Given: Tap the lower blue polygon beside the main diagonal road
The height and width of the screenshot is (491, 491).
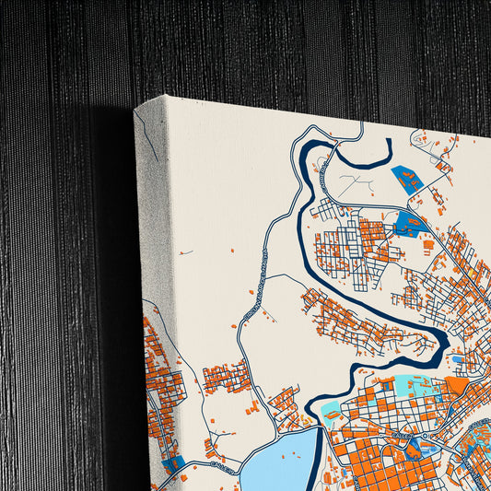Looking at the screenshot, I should [409, 220].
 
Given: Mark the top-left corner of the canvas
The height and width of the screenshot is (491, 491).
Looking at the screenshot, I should [136, 110].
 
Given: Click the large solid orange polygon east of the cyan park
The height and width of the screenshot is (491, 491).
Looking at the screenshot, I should [458, 386].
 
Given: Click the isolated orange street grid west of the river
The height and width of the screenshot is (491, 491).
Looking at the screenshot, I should [227, 377].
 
